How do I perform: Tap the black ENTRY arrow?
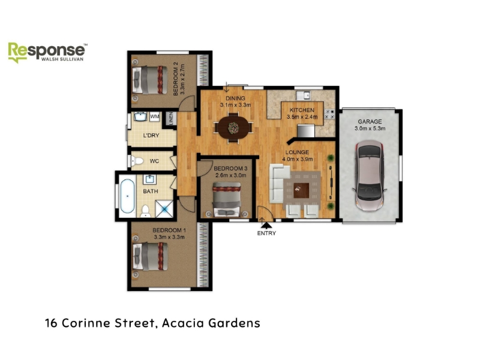pos(266,226)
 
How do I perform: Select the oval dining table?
pos(233,128)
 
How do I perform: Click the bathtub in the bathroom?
pos(127,196)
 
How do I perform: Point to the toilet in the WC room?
pos(137,161)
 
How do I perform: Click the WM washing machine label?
pos(155,116)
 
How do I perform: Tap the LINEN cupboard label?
pos(171,118)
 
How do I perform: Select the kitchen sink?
pos(303,95)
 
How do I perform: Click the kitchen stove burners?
pos(329,114)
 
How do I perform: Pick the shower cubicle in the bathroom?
pos(164,208)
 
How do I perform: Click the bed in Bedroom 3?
pos(227,199)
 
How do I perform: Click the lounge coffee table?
pos(301,190)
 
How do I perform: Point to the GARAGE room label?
pos(370,122)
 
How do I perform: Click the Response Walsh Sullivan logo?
pos(47,52)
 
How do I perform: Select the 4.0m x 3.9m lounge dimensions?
pos(297,159)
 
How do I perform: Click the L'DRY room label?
pos(151,136)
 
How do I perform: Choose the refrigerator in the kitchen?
pos(306,131)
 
